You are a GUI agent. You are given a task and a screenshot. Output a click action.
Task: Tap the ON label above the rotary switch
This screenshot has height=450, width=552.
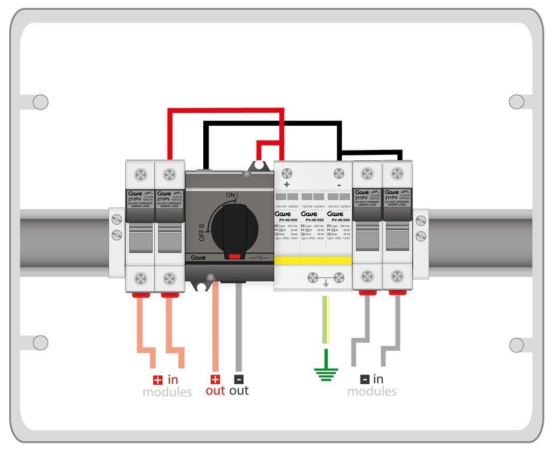[x=231, y=195]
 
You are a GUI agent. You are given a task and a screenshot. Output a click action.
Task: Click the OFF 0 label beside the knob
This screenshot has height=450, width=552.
[x=201, y=232]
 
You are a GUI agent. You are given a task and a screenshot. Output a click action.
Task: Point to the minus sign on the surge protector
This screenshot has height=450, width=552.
[x=339, y=185]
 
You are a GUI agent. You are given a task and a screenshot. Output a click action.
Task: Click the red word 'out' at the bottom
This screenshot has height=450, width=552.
[x=215, y=391]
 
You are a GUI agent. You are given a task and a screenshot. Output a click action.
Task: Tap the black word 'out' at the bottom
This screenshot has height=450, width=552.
[x=239, y=391]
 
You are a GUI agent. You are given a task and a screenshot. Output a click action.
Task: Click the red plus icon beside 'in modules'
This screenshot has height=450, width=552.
[x=157, y=379]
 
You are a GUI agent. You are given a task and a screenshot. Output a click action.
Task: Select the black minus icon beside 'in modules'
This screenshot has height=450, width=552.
[x=365, y=379]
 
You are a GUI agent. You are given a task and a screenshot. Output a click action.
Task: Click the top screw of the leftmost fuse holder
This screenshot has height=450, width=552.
[x=140, y=175]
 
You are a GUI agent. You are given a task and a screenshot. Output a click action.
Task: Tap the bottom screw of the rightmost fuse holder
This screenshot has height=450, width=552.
[x=397, y=277]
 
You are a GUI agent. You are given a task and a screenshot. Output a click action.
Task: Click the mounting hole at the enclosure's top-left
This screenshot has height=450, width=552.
[x=40, y=101]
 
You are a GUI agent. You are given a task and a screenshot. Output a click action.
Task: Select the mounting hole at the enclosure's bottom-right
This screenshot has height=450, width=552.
[x=516, y=344]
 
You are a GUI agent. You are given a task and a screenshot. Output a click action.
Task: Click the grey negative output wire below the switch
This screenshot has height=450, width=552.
[x=238, y=324]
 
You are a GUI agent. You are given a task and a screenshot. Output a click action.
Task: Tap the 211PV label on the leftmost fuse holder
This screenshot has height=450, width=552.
[x=134, y=199]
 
